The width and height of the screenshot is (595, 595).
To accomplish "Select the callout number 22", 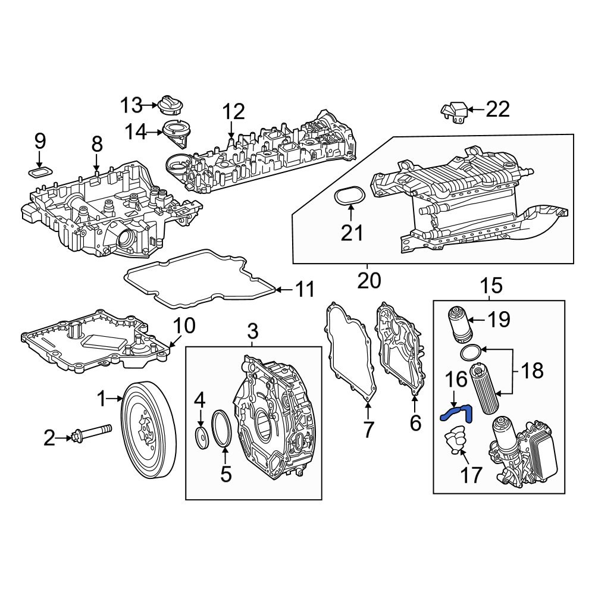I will [497, 109].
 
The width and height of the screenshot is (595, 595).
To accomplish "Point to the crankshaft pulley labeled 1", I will [149, 428].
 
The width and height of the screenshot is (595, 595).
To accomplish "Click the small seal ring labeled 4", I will [201, 438].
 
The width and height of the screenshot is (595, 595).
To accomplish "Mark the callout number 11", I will [305, 290].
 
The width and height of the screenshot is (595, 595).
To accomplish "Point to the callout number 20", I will [369, 280].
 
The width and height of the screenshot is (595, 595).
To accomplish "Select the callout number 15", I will [492, 286].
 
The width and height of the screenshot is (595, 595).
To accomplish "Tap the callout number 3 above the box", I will [253, 331].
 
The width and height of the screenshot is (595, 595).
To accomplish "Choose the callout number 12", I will [233, 111].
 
